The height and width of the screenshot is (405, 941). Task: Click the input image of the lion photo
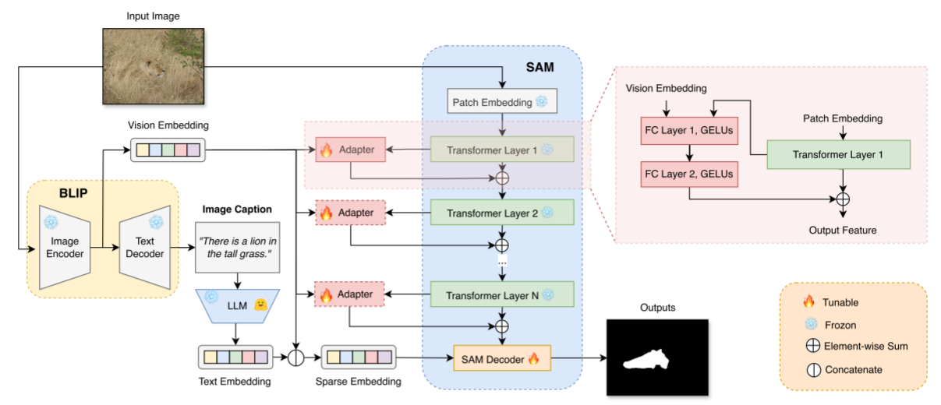pos(155,65)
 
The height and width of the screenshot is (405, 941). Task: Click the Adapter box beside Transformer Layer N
pos(351,295)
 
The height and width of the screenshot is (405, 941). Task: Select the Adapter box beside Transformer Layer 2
pos(351,212)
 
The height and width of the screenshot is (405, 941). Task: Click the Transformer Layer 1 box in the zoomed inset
pos(837,154)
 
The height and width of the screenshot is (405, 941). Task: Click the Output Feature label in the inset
pos(842,230)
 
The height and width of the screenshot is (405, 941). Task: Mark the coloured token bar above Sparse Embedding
pos(358,357)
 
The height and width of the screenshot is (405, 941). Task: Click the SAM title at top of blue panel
pos(539,68)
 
